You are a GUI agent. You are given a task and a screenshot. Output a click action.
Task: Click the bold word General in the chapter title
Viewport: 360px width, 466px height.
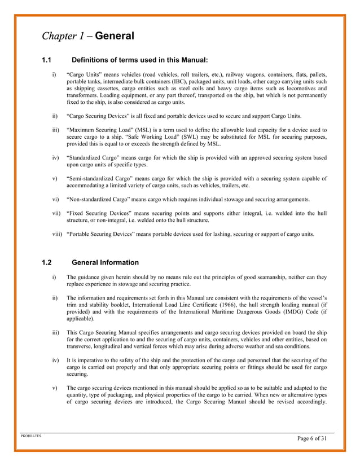115,37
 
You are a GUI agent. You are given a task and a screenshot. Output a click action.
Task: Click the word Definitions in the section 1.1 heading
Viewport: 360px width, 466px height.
94,59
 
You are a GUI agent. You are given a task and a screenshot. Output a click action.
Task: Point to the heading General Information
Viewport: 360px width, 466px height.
106,262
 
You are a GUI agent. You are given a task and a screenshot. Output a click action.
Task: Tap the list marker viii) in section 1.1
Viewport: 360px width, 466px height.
57,233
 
